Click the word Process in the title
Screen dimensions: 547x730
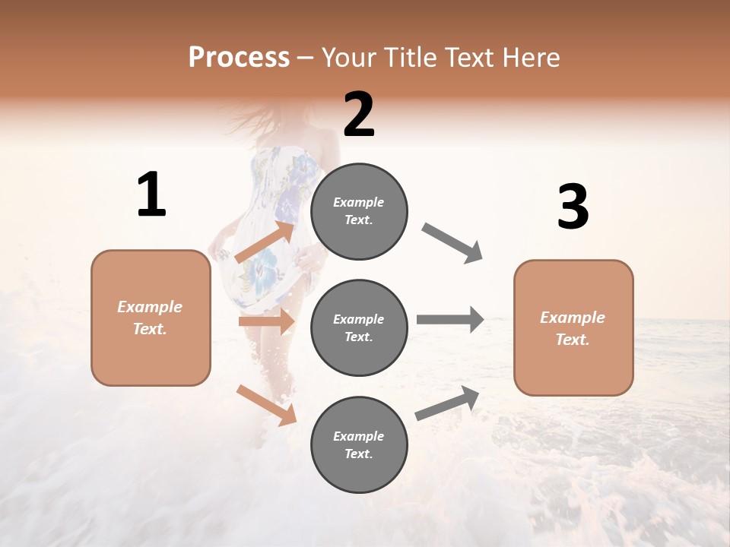pos(239,57)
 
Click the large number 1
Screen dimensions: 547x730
pos(151,195)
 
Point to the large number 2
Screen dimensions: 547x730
pos(359,115)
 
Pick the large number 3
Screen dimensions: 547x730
pos(573,207)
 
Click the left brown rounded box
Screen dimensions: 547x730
pos(151,318)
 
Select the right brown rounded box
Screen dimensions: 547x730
pos(573,328)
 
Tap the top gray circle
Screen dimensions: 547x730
pos(359,211)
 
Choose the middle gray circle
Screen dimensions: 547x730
pos(359,328)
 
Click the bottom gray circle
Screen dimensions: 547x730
pos(359,445)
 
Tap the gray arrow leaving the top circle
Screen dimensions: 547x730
pos(452,243)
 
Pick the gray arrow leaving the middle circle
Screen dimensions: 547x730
pos(449,319)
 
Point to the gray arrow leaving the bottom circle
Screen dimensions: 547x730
pos(447,403)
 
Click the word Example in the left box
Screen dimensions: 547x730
pos(150,307)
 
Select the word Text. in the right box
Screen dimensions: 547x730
pos(573,340)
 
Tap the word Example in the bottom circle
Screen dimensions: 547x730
pos(358,436)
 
